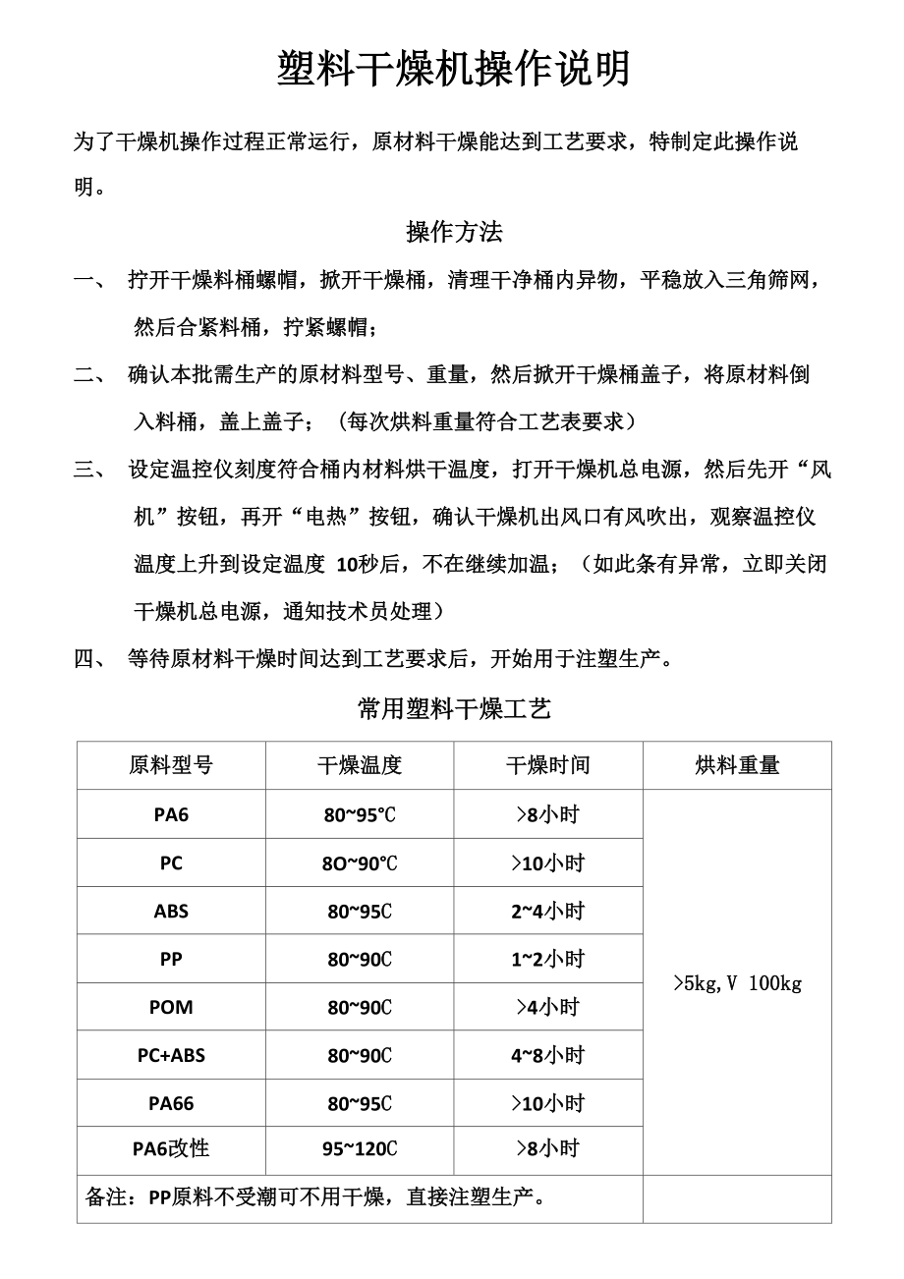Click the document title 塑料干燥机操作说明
(453, 71)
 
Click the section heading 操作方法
(454, 233)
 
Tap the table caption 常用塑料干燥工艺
(454, 709)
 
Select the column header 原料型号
(171, 765)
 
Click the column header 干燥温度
(360, 765)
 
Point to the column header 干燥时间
(548, 765)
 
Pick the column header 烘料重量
(737, 765)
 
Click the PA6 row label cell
(171, 814)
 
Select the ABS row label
(171, 911)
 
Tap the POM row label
(171, 1007)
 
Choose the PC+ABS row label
(171, 1055)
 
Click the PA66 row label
(171, 1103)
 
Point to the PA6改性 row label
(171, 1148)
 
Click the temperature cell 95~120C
(360, 1148)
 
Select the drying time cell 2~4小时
(547, 911)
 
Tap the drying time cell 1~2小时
(547, 959)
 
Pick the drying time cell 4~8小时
(547, 1055)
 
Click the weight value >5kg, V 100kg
(737, 982)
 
